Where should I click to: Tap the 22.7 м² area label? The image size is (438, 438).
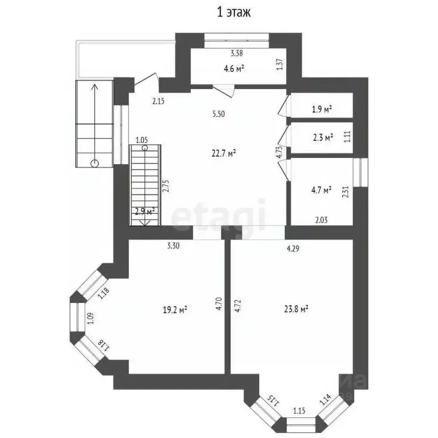224,153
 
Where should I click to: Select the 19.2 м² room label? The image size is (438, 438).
175,310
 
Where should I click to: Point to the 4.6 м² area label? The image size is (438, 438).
234,68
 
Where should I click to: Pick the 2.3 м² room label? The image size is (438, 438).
323,137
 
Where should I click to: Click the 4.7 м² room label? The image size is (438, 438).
320,191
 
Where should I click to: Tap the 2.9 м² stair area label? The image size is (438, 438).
144,212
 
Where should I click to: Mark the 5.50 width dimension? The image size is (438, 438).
218,114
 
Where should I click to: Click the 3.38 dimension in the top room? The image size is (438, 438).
237,54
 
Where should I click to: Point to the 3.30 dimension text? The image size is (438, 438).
174,246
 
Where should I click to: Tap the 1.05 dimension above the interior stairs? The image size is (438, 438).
141,140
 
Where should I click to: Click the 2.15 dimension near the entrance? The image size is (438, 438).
158,102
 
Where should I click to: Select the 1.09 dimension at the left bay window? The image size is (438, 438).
90,318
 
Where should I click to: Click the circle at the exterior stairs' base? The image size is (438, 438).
94,164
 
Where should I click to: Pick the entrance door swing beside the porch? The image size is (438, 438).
145,84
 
